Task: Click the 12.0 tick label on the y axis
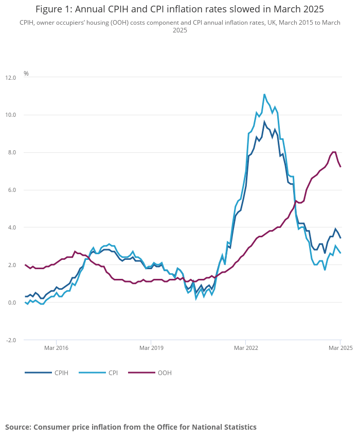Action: pyautogui.click(x=11, y=77)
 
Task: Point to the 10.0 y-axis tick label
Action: pyautogui.click(x=11, y=115)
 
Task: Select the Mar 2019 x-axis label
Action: pyautogui.click(x=151, y=348)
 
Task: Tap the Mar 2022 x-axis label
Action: pyautogui.click(x=245, y=348)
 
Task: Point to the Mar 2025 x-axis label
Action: pyautogui.click(x=340, y=348)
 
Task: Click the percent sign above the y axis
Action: pyautogui.click(x=26, y=74)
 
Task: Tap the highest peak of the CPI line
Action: pyautogui.click(x=264, y=94)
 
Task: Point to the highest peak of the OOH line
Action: pyautogui.click(x=334, y=152)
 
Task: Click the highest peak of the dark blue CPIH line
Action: pyautogui.click(x=264, y=122)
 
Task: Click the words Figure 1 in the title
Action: pyautogui.click(x=53, y=10)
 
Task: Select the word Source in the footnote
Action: pyautogui.click(x=17, y=427)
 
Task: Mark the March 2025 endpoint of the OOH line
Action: pyautogui.click(x=340, y=167)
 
